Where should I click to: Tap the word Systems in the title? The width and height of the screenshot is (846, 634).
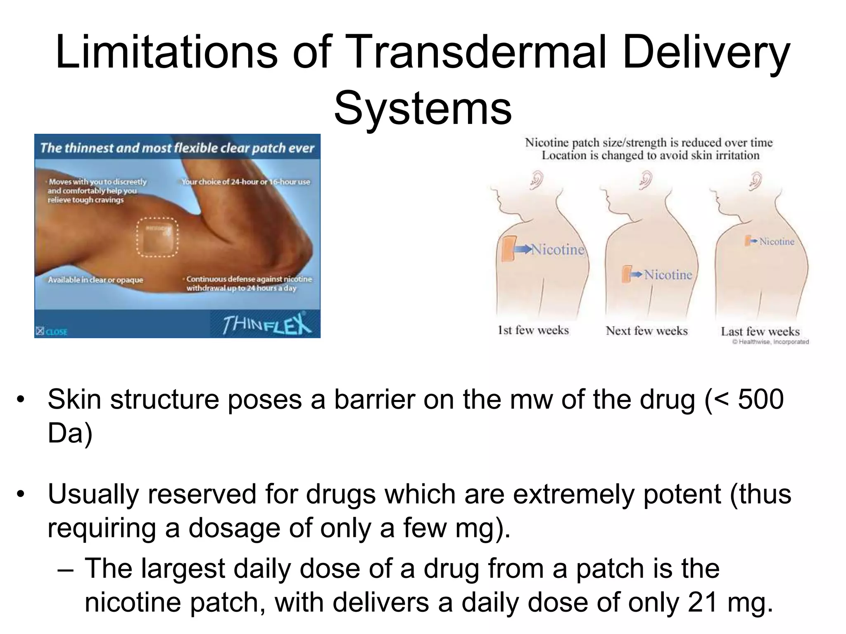[x=423, y=109]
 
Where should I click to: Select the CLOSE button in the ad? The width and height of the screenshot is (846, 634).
[x=52, y=331]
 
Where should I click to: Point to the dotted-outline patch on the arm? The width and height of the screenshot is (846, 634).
[x=157, y=237]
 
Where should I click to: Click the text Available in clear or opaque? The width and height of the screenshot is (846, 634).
[x=95, y=280]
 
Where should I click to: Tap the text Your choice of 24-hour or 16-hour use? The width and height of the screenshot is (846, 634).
[x=246, y=182]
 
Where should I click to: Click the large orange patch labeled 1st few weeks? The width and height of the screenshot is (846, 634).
[x=508, y=249]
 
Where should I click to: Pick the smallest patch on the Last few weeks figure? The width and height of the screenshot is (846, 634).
[x=747, y=241]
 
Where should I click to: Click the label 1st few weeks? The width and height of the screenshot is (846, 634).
[x=533, y=330]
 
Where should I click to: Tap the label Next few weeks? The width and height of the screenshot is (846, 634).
[x=646, y=331]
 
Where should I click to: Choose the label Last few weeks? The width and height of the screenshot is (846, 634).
[x=760, y=331]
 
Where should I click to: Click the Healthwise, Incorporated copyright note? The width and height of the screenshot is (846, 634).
[x=770, y=342]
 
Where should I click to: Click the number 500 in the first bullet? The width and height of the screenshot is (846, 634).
[x=760, y=400]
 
